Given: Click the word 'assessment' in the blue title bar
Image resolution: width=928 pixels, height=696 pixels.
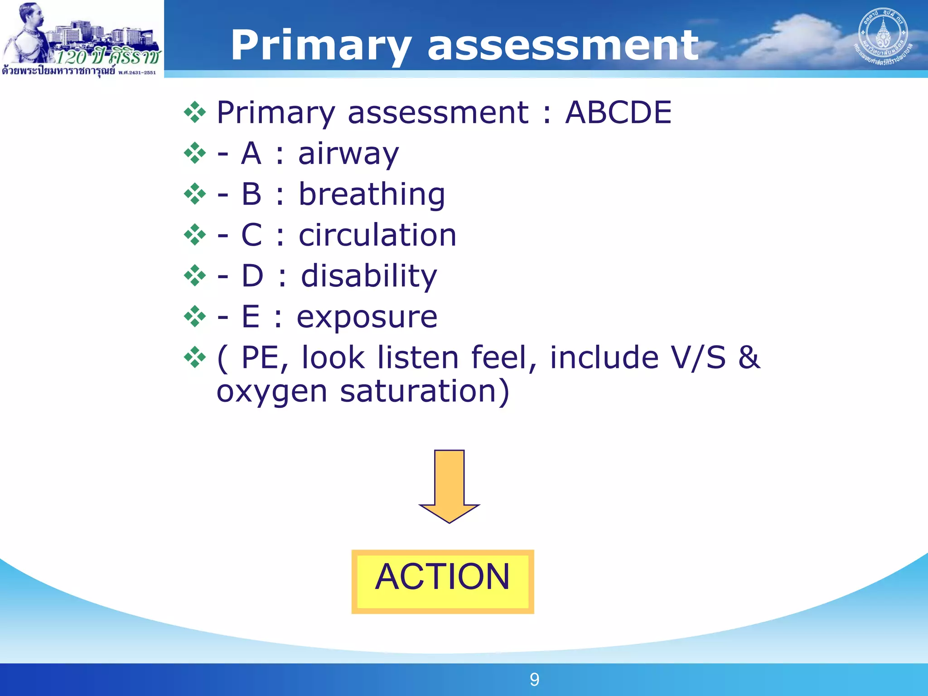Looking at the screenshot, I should pos(563,45).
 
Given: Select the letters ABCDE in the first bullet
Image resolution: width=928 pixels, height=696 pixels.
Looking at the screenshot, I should pos(618,112).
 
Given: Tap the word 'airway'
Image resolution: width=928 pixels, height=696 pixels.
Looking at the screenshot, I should pos(348,154).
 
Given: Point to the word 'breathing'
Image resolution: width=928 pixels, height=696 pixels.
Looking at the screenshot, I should pos(372,195).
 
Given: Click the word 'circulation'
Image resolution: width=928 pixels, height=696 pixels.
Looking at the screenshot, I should pos(377,235).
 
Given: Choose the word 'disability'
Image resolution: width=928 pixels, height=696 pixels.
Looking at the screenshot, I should pos(369,276).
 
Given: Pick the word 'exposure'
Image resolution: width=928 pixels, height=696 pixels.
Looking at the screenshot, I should pos(367,317).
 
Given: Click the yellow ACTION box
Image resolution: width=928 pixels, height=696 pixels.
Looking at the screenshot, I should pos(443,581).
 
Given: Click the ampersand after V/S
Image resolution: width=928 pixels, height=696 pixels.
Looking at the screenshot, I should pos(749,358).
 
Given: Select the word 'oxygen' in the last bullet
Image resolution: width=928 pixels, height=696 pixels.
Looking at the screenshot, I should pos(271,391).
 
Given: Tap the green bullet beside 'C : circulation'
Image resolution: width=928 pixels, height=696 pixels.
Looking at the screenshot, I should pos(195,235).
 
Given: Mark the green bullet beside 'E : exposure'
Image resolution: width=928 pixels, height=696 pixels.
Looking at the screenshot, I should pos(195,317).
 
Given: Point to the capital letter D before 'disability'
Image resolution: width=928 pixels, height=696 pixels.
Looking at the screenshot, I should pos(252,276).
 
